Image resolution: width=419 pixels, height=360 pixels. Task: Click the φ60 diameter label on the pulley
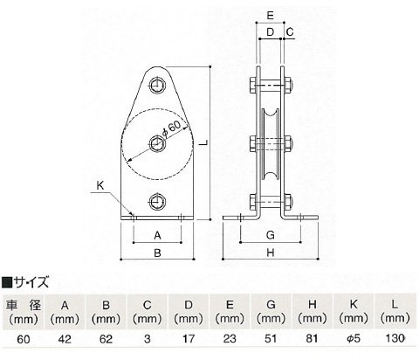tap(172, 128)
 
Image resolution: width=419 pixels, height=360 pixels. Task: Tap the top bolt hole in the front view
tap(157, 86)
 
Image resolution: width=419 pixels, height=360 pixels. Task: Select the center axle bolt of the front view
tap(157, 143)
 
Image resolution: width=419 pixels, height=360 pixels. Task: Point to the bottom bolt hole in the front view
tap(157, 202)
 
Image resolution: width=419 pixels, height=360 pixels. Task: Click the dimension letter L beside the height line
tap(205, 142)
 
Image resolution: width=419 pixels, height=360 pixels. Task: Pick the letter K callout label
tap(100, 185)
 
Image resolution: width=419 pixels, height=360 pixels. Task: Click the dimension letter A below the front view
tap(157, 235)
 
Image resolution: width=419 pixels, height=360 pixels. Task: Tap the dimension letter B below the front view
tap(157, 253)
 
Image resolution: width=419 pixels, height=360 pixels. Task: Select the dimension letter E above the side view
tap(271, 15)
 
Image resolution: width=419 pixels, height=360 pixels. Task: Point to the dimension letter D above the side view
tap(271, 31)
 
